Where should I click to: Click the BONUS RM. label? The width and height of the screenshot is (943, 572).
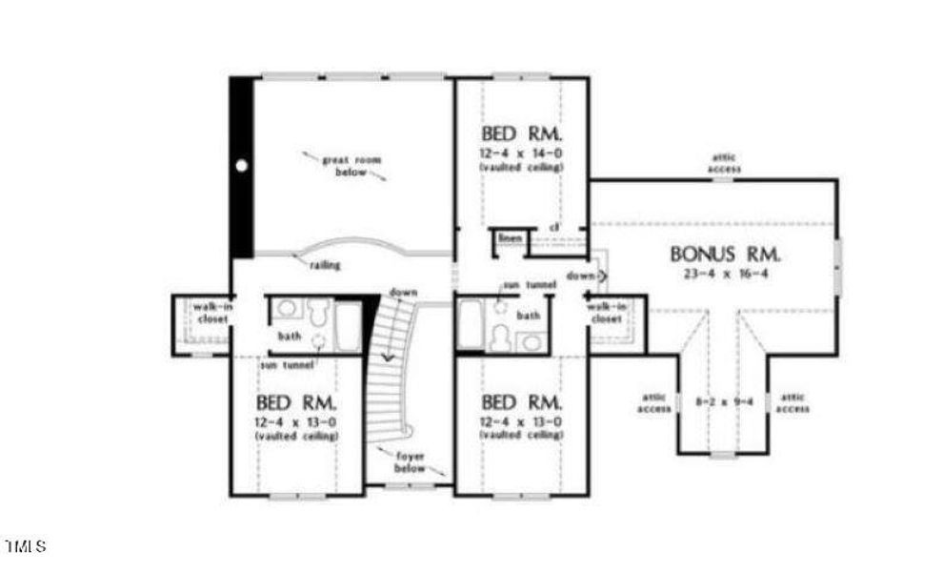point(726,255)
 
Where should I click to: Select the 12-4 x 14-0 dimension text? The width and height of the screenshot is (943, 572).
point(521,153)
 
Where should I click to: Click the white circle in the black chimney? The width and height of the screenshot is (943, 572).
point(242,166)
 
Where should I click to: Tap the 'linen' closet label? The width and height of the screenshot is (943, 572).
point(510,236)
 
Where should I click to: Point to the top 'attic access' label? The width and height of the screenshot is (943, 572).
point(724,163)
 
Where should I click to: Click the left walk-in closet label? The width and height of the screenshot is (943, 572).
point(210,314)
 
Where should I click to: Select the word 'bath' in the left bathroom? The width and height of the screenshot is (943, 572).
point(290,337)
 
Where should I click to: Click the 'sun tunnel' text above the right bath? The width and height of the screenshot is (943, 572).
point(530,285)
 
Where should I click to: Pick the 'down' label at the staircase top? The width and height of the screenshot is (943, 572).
point(402,292)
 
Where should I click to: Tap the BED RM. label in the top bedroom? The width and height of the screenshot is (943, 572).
point(521,133)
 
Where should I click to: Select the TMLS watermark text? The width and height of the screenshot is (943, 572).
point(26,547)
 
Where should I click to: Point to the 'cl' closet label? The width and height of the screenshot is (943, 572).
point(553,227)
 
